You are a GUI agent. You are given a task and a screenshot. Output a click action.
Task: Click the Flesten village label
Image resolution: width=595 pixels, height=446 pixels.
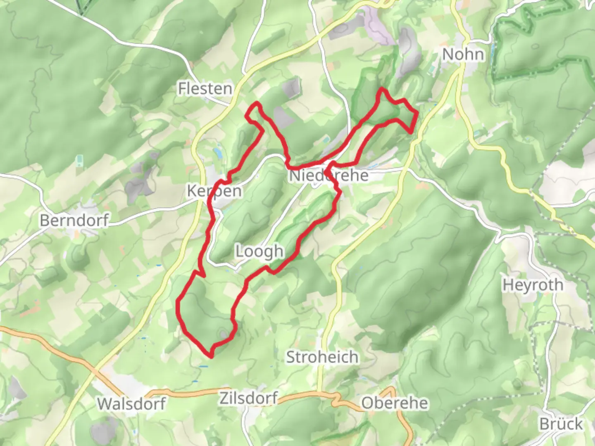205,88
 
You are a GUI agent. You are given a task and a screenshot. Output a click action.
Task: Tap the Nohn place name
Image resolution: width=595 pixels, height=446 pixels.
463,54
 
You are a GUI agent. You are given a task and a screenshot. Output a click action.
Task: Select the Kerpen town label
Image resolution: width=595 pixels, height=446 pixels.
214,191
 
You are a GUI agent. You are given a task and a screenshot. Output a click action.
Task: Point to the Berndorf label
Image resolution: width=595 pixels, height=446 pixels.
74,220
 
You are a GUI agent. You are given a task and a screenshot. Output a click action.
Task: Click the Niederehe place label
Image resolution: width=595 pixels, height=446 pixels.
328,176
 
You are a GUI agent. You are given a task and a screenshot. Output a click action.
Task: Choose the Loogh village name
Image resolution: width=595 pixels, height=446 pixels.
259,251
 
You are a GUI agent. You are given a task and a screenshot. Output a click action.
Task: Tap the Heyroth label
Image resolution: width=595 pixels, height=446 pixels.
533,285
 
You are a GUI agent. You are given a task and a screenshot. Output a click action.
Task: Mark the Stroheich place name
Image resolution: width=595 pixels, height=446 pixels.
322,357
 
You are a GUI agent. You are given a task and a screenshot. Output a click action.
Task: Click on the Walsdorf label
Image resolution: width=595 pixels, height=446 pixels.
131,403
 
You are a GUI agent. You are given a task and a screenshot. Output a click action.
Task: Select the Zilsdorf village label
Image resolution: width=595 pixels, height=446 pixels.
248,398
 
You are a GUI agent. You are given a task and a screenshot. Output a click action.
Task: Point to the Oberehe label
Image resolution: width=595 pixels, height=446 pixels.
395,403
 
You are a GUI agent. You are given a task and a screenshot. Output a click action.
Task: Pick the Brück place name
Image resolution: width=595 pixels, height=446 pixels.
561,424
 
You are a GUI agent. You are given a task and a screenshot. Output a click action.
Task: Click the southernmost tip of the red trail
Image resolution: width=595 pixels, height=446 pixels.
211,356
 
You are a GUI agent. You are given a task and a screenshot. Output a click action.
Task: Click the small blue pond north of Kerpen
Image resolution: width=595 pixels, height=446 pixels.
217,153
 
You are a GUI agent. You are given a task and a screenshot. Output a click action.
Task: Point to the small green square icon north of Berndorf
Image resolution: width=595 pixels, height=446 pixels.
79,159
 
